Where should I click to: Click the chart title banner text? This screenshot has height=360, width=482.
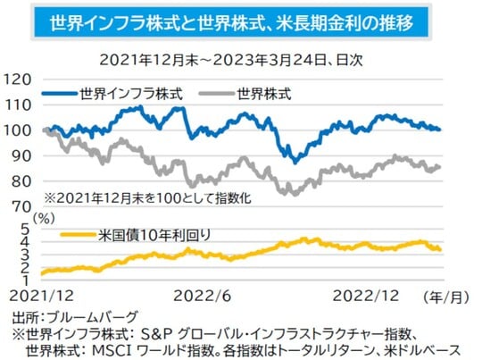pyautogui.click(x=241, y=21)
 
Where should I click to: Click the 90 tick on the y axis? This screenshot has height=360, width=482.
pyautogui.click(x=21, y=155)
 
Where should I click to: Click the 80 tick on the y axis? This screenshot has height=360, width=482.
pyautogui.click(x=21, y=180)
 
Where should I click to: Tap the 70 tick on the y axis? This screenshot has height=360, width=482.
pyautogui.click(x=21, y=205)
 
